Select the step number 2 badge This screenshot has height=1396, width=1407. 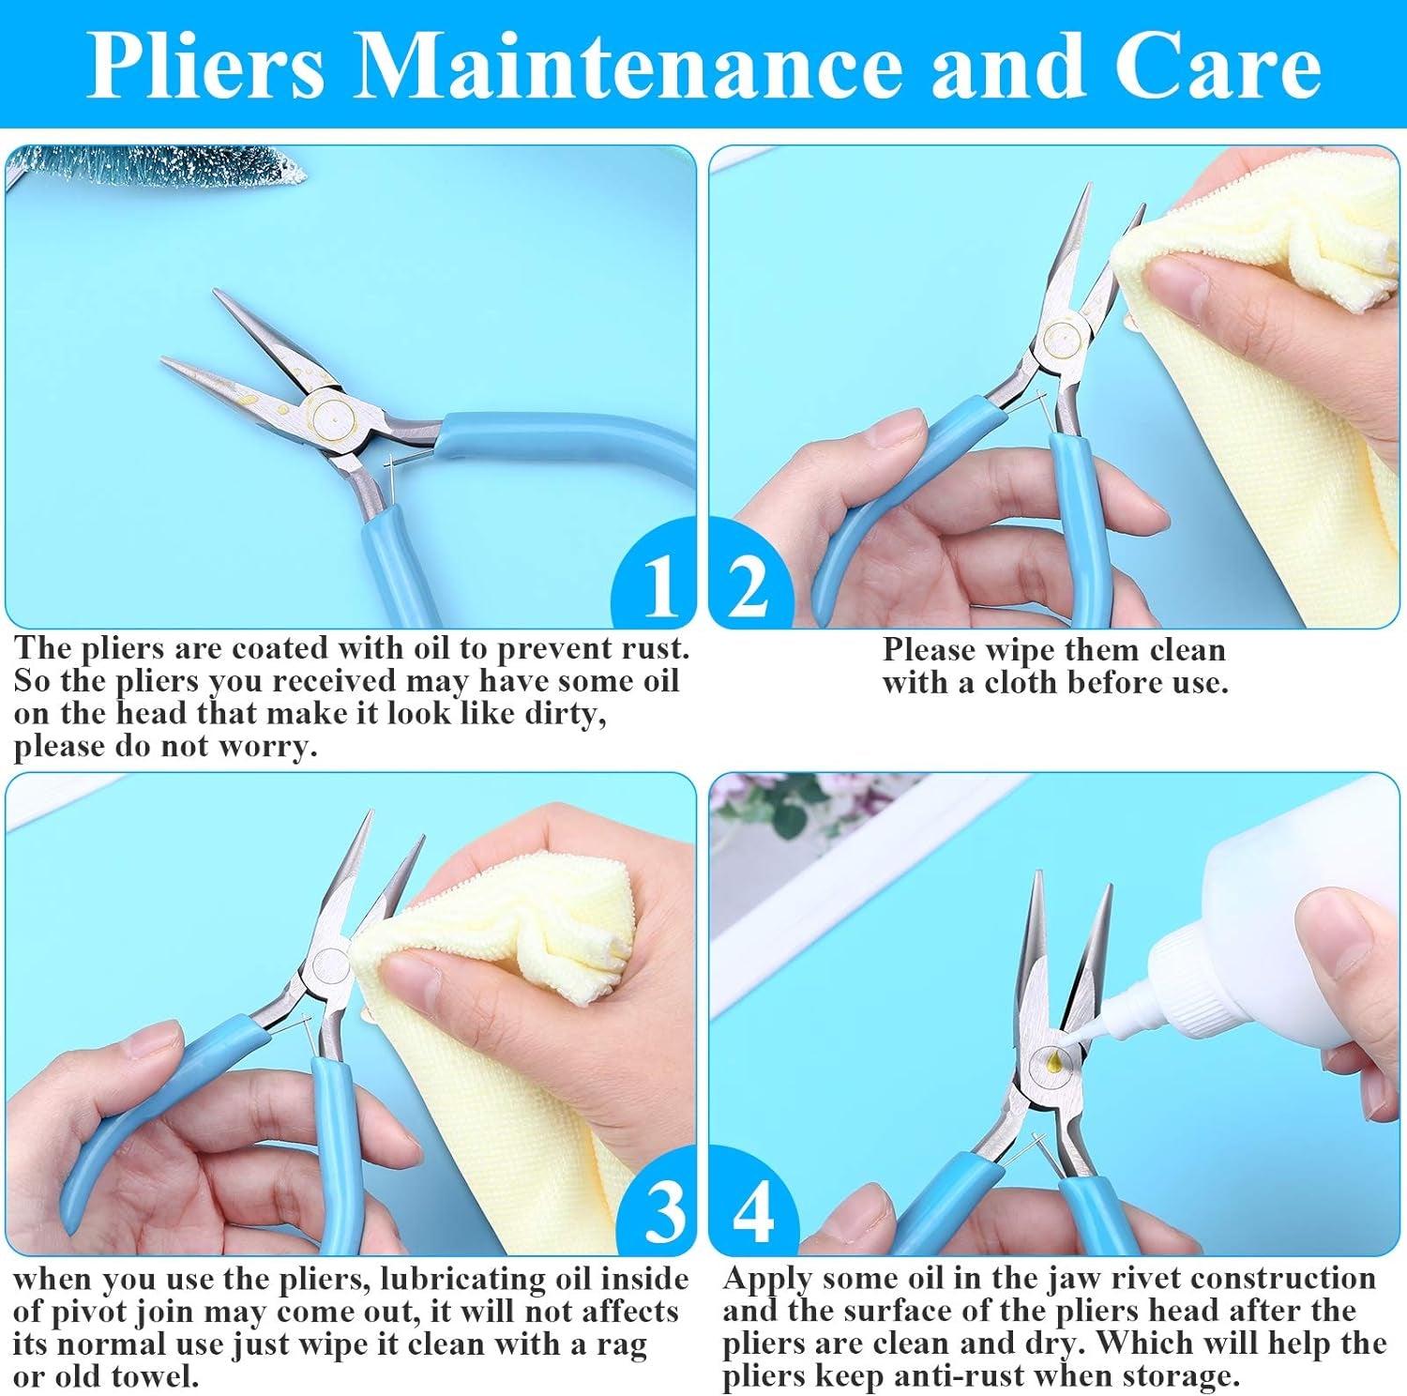point(747,586)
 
